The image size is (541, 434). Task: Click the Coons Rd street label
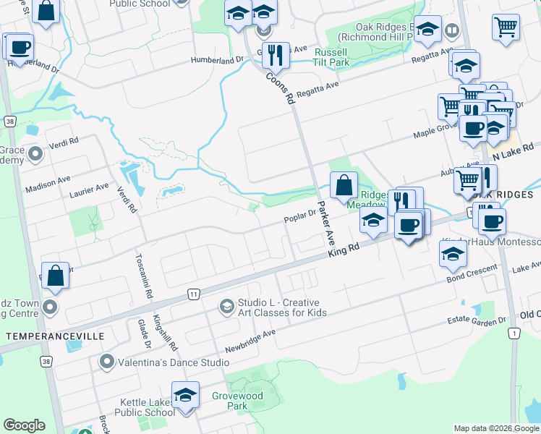(281, 87)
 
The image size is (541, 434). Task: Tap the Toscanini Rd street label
(142, 277)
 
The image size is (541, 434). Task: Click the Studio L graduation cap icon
(227, 307)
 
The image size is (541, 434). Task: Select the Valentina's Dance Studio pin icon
(108, 361)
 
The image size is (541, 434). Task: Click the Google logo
(24, 425)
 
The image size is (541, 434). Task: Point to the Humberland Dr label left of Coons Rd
(217, 61)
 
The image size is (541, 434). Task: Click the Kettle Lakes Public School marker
(186, 396)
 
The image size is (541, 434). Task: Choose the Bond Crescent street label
(472, 273)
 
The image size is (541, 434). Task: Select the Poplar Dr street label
(301, 215)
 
